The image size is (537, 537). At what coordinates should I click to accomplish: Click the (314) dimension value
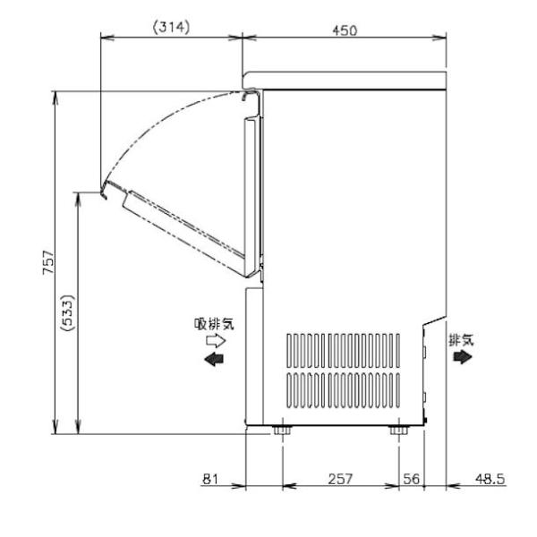pos(171,28)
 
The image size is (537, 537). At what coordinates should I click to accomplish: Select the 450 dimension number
pos(345,30)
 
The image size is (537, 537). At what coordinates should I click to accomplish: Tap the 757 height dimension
pos(48,262)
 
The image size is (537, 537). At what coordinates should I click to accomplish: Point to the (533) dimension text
pos(67,312)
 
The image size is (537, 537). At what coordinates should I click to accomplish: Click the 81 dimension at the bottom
pos(210,479)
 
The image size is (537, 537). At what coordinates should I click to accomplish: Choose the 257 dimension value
pos(340,479)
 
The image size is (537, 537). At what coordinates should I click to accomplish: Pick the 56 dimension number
pos(411,479)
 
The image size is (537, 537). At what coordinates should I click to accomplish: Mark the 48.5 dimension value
pos(490,479)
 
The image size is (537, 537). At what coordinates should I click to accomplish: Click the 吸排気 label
pos(214,324)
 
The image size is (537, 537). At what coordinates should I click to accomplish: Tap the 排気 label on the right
pos(461,340)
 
